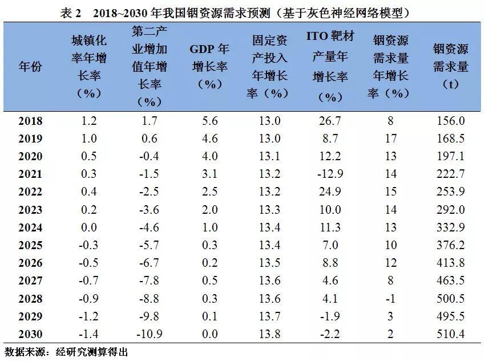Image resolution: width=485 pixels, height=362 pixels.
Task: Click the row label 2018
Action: [30, 121]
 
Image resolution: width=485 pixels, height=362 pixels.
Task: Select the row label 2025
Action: [30, 245]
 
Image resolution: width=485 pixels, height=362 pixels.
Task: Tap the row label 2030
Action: [30, 334]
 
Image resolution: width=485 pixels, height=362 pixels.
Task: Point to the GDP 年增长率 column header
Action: [209, 66]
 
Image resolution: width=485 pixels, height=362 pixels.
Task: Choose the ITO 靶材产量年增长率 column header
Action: [330, 66]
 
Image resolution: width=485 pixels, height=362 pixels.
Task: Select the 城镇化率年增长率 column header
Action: [88, 66]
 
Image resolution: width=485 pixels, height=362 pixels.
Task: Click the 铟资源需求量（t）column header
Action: [450, 66]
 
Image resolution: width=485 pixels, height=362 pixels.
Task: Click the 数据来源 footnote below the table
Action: [66, 352]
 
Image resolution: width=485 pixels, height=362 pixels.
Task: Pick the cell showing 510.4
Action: [450, 334]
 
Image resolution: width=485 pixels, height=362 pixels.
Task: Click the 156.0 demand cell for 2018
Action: [450, 121]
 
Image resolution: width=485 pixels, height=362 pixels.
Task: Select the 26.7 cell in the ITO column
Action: [330, 121]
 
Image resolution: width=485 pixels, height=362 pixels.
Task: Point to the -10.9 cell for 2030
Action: [149, 334]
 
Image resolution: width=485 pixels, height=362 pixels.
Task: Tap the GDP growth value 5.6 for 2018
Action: [209, 121]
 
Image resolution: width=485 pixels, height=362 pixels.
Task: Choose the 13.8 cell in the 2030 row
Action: [269, 334]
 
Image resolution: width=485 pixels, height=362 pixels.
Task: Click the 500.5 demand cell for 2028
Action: [450, 299]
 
